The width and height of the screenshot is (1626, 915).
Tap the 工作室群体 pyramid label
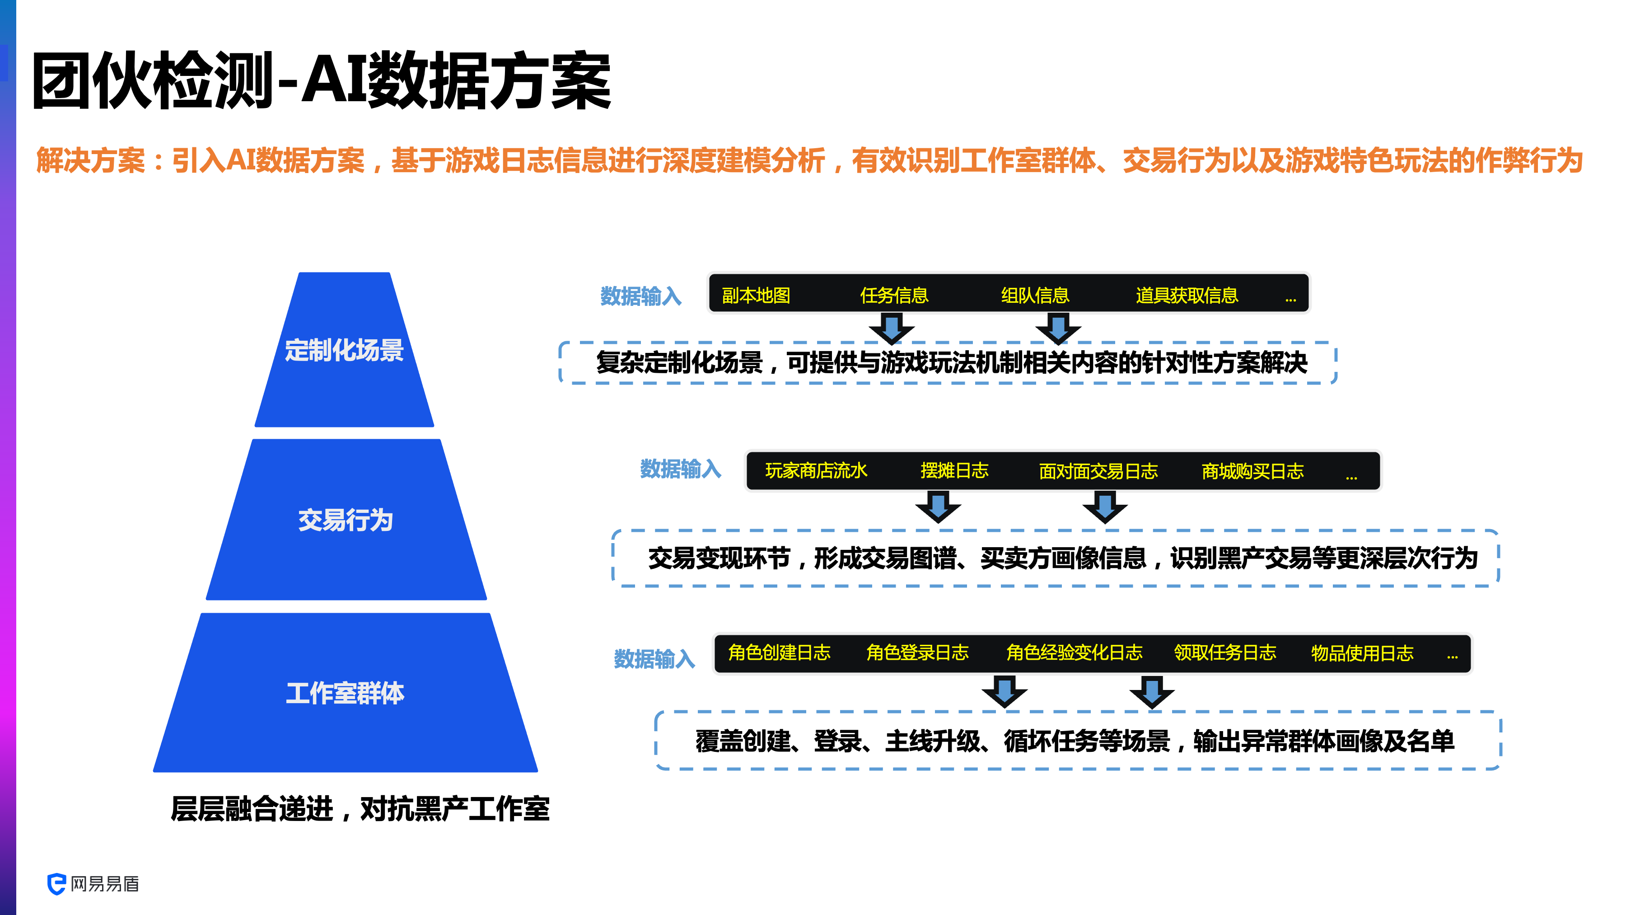[345, 693]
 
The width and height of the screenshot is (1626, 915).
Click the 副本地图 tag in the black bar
[756, 296]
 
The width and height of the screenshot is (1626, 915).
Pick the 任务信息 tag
[894, 296]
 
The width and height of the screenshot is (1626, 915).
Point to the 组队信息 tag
[1035, 296]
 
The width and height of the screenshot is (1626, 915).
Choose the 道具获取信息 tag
[1187, 296]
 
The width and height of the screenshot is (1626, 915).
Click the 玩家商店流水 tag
[816, 471]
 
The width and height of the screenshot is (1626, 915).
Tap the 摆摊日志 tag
[954, 471]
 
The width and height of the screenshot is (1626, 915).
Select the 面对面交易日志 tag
[1098, 472]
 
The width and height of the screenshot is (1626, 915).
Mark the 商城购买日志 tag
[1252, 472]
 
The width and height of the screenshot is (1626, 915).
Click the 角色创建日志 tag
[779, 653]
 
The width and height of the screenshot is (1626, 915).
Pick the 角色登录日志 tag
[917, 653]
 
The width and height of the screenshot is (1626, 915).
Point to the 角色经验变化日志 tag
[1075, 653]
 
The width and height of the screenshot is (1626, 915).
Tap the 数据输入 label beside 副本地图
[640, 296]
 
